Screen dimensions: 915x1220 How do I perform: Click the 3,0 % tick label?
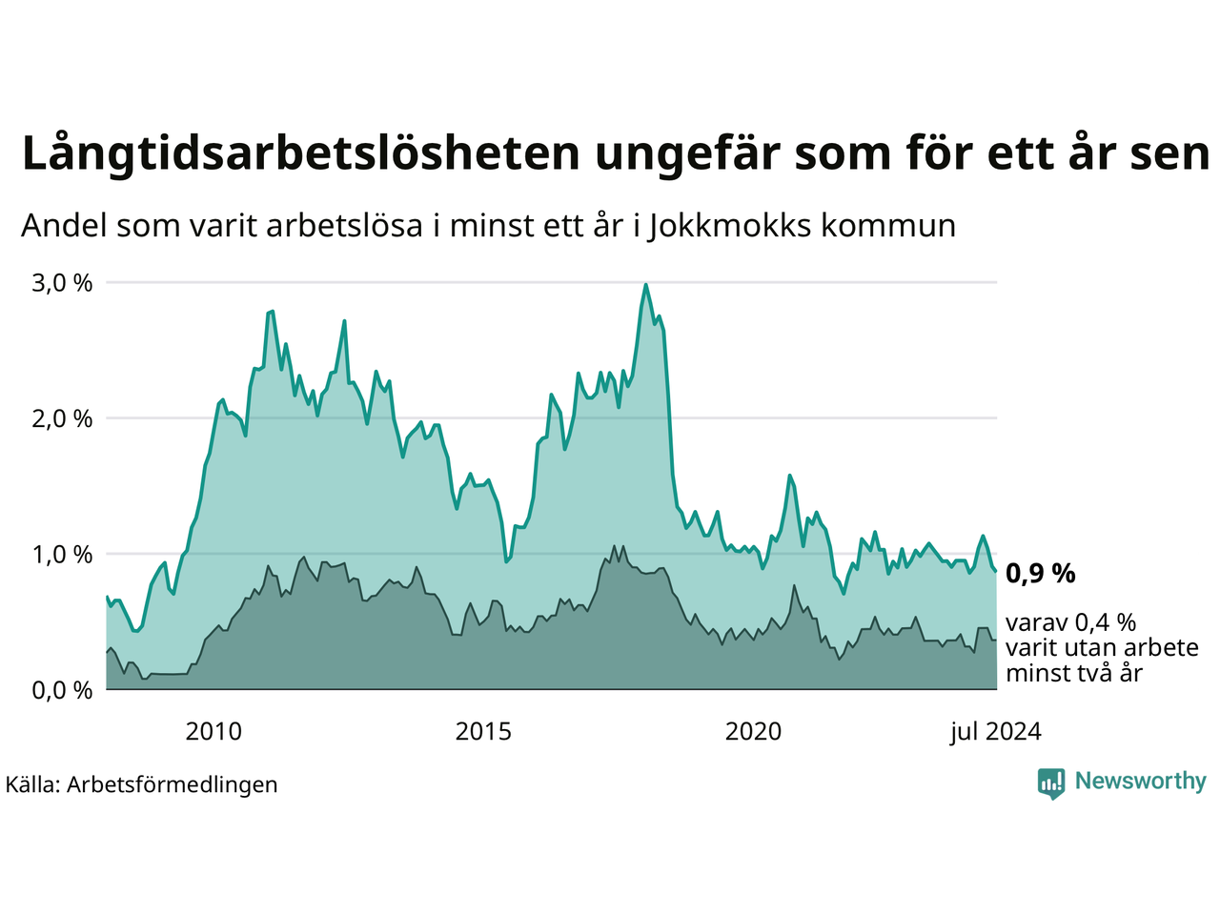pos(62,283)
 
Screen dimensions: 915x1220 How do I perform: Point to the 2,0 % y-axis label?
pos(62,418)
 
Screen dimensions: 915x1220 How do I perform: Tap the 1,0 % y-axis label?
pos(62,555)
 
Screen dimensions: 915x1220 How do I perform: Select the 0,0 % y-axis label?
pos(62,690)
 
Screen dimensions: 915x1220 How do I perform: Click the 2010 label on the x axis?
pos(213,732)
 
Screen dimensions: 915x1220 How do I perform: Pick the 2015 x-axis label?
pos(483,732)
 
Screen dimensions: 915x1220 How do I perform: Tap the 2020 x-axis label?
pos(753,732)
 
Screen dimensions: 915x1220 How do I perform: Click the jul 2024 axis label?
pos(995,732)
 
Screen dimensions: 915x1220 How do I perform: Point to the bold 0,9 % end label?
pos(1040,574)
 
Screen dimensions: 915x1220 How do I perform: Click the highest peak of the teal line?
pos(646,285)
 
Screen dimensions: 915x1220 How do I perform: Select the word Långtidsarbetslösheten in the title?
pos(299,154)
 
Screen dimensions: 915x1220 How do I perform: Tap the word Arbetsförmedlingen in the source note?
pos(173,784)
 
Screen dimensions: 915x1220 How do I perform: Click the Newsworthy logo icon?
pos(1051,783)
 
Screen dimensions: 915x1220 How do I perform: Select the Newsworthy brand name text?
pos(1140,782)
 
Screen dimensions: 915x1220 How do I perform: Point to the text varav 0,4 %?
pos(1070,623)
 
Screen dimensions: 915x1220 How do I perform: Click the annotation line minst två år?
pos(1073,673)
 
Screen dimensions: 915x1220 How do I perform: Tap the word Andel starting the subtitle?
pos(65,226)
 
